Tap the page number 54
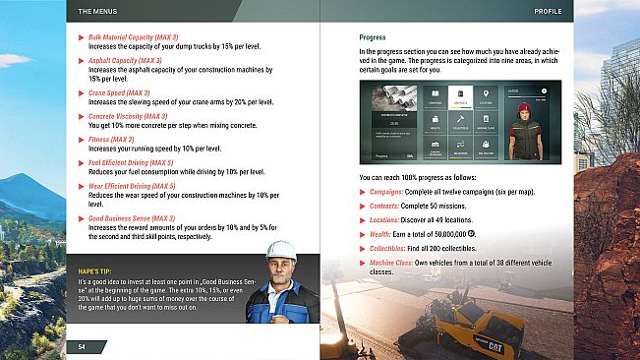(83, 346)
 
